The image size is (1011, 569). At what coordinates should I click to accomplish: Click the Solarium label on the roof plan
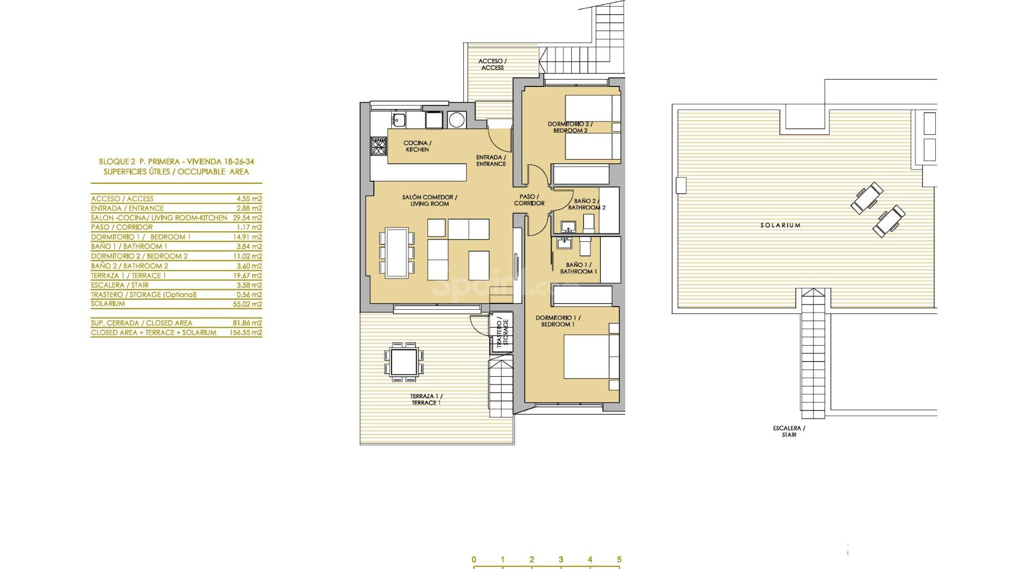point(780,225)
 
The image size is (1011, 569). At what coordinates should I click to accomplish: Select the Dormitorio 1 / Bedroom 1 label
point(558,321)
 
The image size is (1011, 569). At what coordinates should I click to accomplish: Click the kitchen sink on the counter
point(399,120)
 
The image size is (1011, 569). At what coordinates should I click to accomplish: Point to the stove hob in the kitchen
point(379,145)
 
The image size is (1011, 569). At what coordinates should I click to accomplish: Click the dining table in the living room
point(396,252)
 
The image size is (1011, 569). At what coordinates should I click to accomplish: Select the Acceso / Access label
point(492,64)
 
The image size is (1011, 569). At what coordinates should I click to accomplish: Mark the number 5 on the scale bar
point(619,560)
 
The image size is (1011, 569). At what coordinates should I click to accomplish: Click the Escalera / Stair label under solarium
point(789,431)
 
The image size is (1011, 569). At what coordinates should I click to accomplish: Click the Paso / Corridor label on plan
point(529,200)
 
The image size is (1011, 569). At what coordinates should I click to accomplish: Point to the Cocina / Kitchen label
point(417,146)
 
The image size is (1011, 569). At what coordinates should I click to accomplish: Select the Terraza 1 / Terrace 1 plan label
point(427,399)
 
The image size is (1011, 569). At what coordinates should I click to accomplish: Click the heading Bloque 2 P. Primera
point(176,162)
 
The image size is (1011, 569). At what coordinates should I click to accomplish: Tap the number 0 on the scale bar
point(474,560)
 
